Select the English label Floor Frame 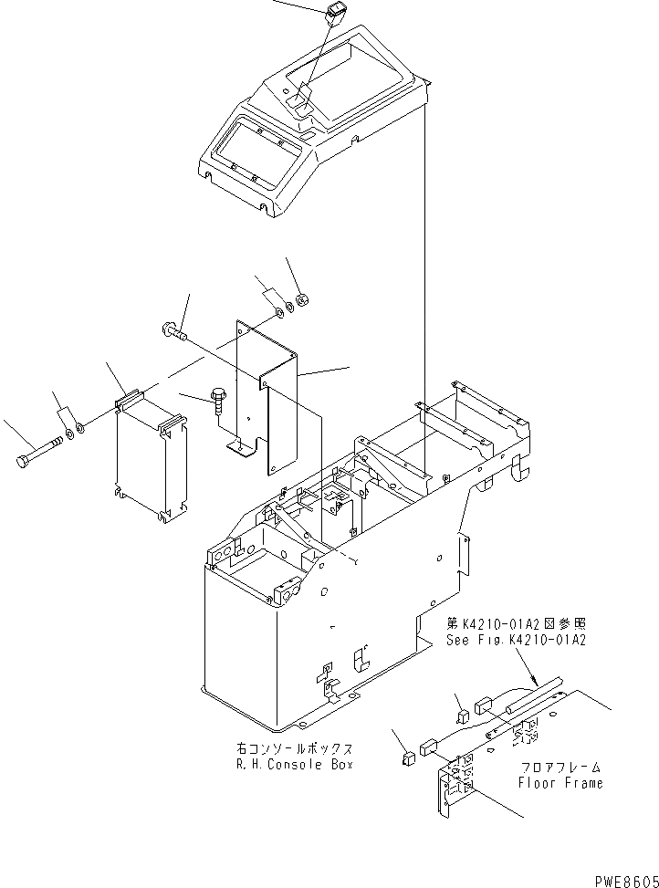(560, 782)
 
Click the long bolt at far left (35, 452)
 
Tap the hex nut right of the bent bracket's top (305, 298)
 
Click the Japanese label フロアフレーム (560, 767)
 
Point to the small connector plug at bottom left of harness (405, 756)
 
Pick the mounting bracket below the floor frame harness (456, 785)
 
